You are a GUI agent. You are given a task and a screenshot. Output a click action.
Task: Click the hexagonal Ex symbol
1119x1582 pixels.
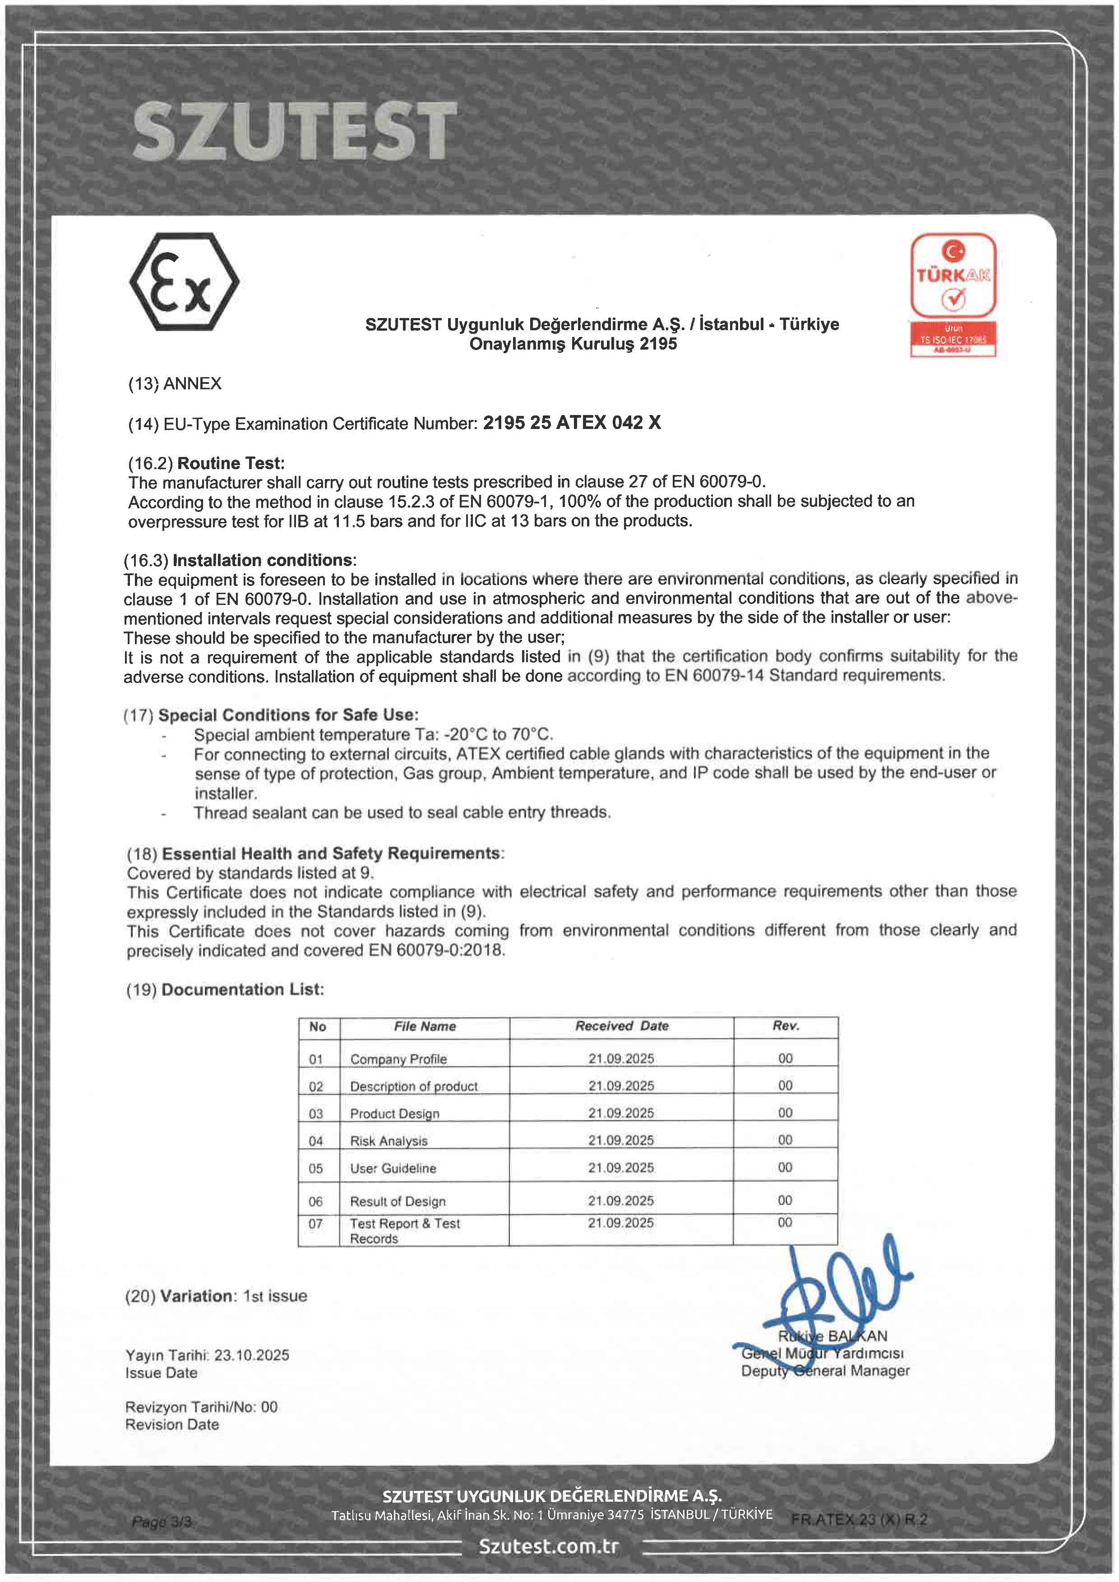pyautogui.click(x=184, y=282)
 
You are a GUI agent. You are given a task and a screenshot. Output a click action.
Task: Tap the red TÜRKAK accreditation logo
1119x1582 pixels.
pyautogui.click(x=953, y=294)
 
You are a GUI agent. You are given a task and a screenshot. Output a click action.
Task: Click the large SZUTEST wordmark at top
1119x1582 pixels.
pyautogui.click(x=294, y=131)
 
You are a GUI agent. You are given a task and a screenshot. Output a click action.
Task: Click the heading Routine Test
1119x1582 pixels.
pyautogui.click(x=231, y=463)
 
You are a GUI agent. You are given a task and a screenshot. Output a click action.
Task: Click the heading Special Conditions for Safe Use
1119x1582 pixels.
pyautogui.click(x=288, y=715)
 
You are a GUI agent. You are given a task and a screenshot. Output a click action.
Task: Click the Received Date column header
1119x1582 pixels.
pyautogui.click(x=621, y=1026)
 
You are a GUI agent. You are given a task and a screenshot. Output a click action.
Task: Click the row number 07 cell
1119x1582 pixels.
pyautogui.click(x=315, y=1224)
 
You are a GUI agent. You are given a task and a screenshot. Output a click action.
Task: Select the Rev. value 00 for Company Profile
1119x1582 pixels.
pyautogui.click(x=785, y=1058)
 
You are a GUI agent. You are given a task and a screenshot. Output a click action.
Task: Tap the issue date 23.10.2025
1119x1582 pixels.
pyautogui.click(x=251, y=1355)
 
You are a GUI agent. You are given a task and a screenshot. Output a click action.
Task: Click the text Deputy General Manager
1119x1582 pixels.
pyautogui.click(x=825, y=1371)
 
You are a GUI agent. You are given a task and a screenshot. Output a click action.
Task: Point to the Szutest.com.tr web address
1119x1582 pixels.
pyautogui.click(x=549, y=1547)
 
